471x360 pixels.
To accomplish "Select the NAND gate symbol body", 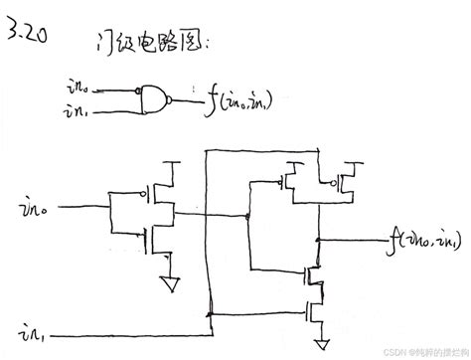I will [x=154, y=96].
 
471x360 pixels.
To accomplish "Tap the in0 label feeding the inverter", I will [x=33, y=210].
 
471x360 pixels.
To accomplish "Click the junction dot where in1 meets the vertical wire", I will [x=212, y=313].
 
